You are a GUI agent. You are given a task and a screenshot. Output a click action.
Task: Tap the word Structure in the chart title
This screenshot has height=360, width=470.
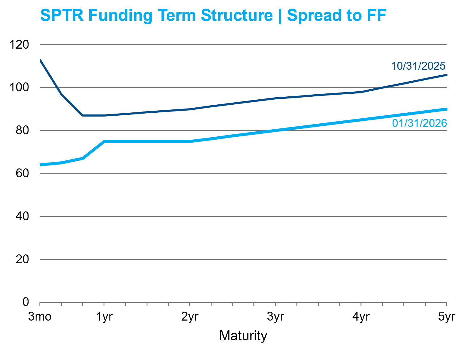pos(236,15)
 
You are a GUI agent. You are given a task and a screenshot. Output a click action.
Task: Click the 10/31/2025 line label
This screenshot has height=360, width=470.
pos(418,66)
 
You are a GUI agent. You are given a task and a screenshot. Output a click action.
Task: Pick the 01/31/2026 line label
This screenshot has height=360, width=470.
pos(419,123)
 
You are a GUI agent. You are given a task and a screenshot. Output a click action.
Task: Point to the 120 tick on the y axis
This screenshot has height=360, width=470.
pos(19,45)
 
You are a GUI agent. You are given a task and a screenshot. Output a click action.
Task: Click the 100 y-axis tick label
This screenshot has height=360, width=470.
pos(19,87)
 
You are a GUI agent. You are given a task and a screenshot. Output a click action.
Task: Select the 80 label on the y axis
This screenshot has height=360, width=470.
pos(22,130)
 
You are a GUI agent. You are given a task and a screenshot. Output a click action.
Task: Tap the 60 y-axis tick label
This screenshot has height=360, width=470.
pos(22,173)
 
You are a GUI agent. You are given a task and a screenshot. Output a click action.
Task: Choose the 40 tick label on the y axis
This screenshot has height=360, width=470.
pos(22,216)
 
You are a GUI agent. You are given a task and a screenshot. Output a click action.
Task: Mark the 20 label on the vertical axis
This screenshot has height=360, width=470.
pos(22,259)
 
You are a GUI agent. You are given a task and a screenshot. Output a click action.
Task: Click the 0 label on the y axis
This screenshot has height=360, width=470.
pos(26,302)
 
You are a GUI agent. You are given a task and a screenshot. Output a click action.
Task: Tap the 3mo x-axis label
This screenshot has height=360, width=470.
pos(40,317)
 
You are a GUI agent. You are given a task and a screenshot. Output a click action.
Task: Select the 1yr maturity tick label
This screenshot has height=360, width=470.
pos(104,317)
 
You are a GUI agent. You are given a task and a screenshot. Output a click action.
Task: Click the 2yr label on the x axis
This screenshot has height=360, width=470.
pos(190,317)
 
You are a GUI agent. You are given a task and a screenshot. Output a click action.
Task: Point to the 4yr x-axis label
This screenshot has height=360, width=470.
pos(361,317)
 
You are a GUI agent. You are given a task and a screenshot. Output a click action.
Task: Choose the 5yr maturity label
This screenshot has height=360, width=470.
pos(446,317)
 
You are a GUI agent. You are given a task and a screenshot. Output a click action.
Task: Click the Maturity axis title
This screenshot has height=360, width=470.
pos(243,336)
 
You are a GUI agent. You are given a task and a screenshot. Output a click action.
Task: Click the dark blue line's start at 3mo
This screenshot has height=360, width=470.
pos(40,60)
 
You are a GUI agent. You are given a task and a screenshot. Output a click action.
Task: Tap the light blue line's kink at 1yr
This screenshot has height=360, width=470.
pos(104,141)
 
